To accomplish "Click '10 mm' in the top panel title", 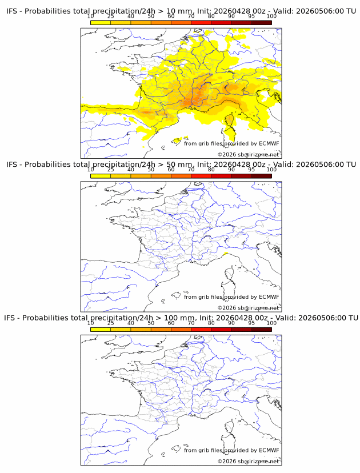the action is click(180, 11).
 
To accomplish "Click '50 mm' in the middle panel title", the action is click(180, 165).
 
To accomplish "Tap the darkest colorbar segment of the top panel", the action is click(262, 23).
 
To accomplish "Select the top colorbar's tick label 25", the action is click(111, 16).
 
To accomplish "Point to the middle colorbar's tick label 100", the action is click(271, 169).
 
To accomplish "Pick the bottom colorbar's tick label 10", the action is click(90, 323).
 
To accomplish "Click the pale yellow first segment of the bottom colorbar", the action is click(101, 330).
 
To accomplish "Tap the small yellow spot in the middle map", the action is click(225, 254).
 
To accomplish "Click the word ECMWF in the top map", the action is click(269, 143).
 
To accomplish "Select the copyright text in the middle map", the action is click(249, 308).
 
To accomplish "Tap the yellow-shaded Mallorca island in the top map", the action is click(176, 141).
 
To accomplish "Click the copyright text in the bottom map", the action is click(249, 461).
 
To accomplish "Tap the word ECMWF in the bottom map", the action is click(269, 450).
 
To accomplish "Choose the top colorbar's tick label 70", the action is click(191, 16).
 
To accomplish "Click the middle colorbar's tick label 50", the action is click(151, 169).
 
